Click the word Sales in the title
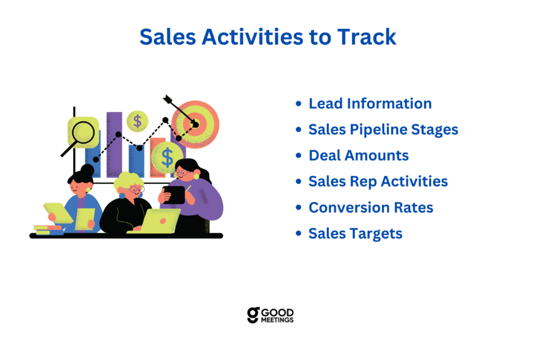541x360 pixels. (168, 37)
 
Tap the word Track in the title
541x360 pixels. (367, 37)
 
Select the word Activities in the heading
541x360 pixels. (253, 37)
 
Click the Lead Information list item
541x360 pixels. (370, 103)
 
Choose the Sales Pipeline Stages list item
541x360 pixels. (384, 130)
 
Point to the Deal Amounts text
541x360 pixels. (359, 156)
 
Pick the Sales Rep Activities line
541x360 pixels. (378, 182)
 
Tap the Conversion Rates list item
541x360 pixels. (371, 207)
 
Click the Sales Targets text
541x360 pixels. (356, 234)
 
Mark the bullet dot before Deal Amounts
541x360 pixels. (299, 156)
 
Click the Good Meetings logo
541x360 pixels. (270, 315)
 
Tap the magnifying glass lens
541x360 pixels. (83, 132)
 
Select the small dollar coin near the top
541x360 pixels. (137, 121)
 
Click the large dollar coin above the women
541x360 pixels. (167, 157)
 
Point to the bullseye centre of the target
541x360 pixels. (195, 125)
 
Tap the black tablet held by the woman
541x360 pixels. (174, 195)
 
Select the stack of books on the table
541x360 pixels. (49, 230)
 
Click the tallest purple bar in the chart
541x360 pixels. (114, 145)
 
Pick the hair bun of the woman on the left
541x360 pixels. (88, 169)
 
